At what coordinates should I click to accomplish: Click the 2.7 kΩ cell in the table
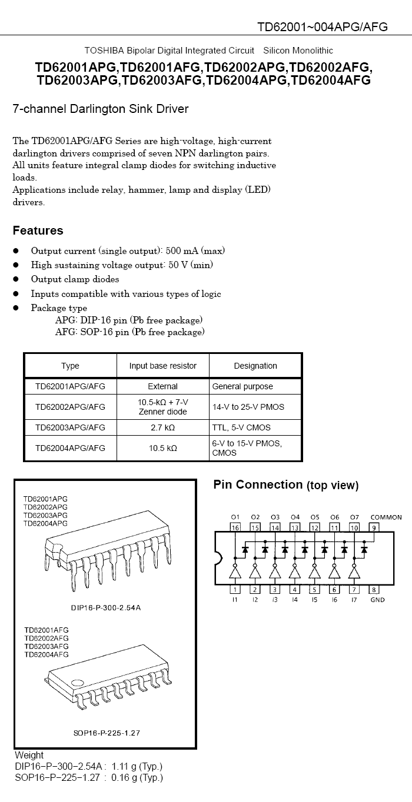click(162, 427)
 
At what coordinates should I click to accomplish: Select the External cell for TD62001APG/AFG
click(162, 386)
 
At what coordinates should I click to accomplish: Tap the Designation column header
click(255, 366)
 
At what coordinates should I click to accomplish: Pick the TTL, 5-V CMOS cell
click(241, 427)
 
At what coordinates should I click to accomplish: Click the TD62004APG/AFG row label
click(70, 448)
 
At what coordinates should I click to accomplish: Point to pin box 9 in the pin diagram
click(374, 527)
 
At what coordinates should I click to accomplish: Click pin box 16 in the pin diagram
click(235, 527)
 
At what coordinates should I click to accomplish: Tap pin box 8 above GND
click(374, 589)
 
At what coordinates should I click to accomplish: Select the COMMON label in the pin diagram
click(386, 517)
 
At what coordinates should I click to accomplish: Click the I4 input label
click(294, 600)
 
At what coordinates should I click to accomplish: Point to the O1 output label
click(235, 517)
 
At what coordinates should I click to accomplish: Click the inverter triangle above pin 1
click(235, 572)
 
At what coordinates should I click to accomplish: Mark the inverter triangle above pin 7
click(354, 572)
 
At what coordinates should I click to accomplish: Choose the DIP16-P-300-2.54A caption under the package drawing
click(106, 607)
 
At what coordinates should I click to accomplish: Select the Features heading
click(38, 230)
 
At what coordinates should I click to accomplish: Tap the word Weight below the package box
click(29, 755)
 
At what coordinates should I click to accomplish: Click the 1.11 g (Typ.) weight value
click(137, 767)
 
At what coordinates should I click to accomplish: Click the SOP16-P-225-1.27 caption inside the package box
click(107, 733)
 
